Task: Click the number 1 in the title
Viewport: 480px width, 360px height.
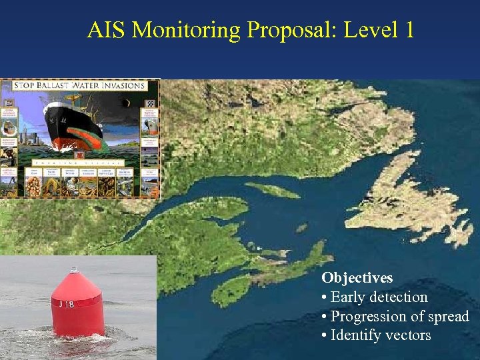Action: tap(408, 30)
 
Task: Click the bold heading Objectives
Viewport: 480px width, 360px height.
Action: tap(357, 278)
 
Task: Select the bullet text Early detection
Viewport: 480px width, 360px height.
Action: tap(379, 297)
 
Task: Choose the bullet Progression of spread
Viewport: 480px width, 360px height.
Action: tap(399, 317)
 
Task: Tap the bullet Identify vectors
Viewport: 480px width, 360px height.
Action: tap(381, 335)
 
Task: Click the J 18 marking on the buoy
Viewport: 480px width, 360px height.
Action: tap(66, 304)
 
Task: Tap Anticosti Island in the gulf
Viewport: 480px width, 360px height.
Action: tap(273, 190)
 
